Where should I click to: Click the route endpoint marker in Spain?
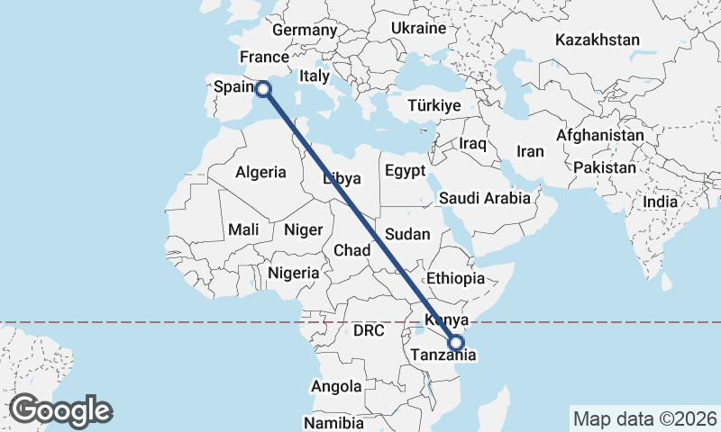click(x=263, y=88)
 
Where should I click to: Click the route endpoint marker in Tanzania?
click(x=455, y=343)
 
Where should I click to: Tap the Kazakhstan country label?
click(x=598, y=40)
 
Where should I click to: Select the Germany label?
click(x=304, y=30)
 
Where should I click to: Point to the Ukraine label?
click(x=418, y=28)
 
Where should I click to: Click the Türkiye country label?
click(x=434, y=105)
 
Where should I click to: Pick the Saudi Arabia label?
click(x=485, y=198)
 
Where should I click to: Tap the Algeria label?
click(x=260, y=172)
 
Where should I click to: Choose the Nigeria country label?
click(x=294, y=273)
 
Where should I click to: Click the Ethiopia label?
click(x=457, y=278)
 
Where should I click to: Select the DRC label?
click(x=369, y=331)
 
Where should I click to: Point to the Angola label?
click(x=335, y=386)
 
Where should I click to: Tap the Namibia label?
click(x=333, y=422)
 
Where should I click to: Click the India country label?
click(x=661, y=202)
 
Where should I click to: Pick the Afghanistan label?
click(x=600, y=135)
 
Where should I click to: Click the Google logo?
click(x=60, y=410)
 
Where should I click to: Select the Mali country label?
click(x=243, y=229)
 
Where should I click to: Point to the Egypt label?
click(x=404, y=170)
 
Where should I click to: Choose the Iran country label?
click(x=530, y=151)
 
